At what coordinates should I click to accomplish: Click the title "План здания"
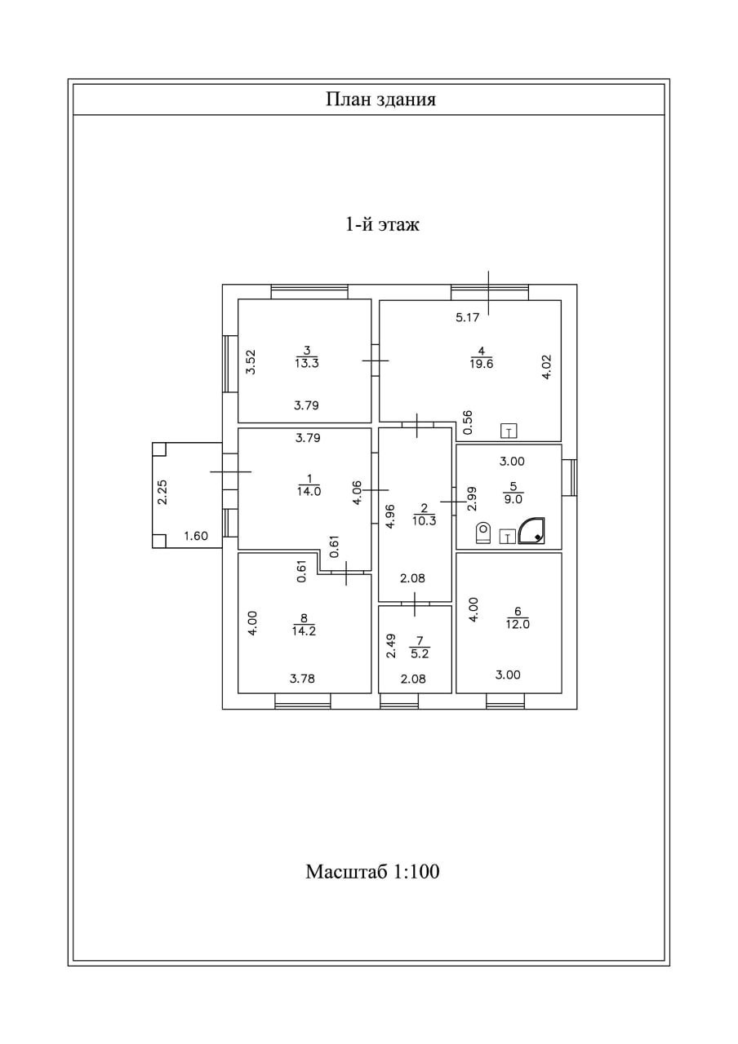(380, 100)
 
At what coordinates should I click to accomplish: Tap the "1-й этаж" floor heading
(382, 224)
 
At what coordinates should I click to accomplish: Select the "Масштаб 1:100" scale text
(372, 871)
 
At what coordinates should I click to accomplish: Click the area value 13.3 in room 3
(307, 364)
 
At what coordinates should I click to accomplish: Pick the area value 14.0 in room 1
(309, 491)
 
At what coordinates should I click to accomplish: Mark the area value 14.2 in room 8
(304, 630)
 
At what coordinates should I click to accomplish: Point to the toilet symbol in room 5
(483, 533)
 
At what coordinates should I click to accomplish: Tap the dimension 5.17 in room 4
(467, 318)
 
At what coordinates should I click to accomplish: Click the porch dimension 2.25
(162, 492)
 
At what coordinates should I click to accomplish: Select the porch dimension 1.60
(196, 536)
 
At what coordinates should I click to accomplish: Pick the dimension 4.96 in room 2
(389, 516)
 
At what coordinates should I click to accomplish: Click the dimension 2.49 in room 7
(391, 646)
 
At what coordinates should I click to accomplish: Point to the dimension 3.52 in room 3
(251, 361)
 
